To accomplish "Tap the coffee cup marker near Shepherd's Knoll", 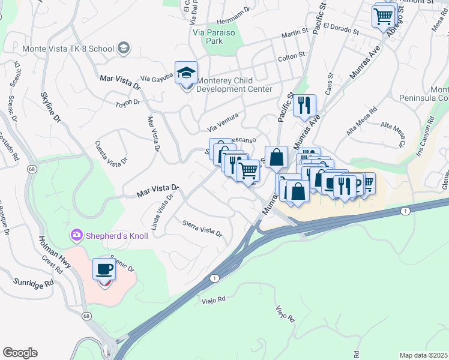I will pyautogui.click(x=104, y=270).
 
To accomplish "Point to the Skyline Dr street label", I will pyautogui.click(x=51, y=107).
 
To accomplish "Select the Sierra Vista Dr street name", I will pyautogui.click(x=202, y=227).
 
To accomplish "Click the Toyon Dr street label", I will pyautogui.click(x=128, y=103).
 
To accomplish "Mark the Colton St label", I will pyautogui.click(x=292, y=58).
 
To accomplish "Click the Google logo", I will pyautogui.click(x=20, y=353).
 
